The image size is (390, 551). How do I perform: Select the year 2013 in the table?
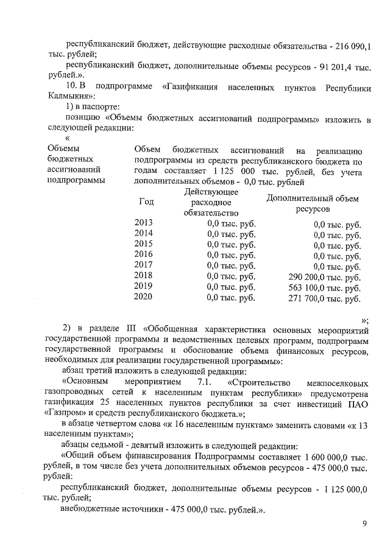point(144,223)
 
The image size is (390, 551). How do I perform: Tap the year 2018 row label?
point(144,275)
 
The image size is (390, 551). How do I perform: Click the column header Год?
point(146,202)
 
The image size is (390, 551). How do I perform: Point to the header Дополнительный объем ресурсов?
point(313,203)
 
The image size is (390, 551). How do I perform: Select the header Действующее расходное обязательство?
point(210,202)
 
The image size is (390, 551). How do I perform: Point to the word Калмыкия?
point(69,96)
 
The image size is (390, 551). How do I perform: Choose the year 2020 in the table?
point(144,298)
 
